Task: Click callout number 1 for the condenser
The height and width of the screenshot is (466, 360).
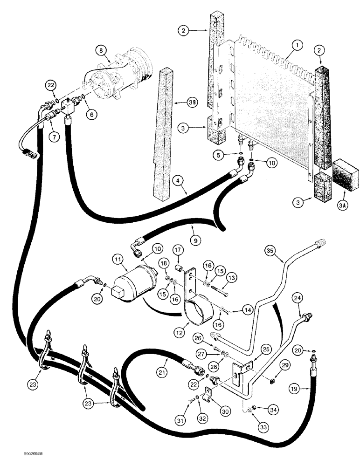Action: [297, 46]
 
